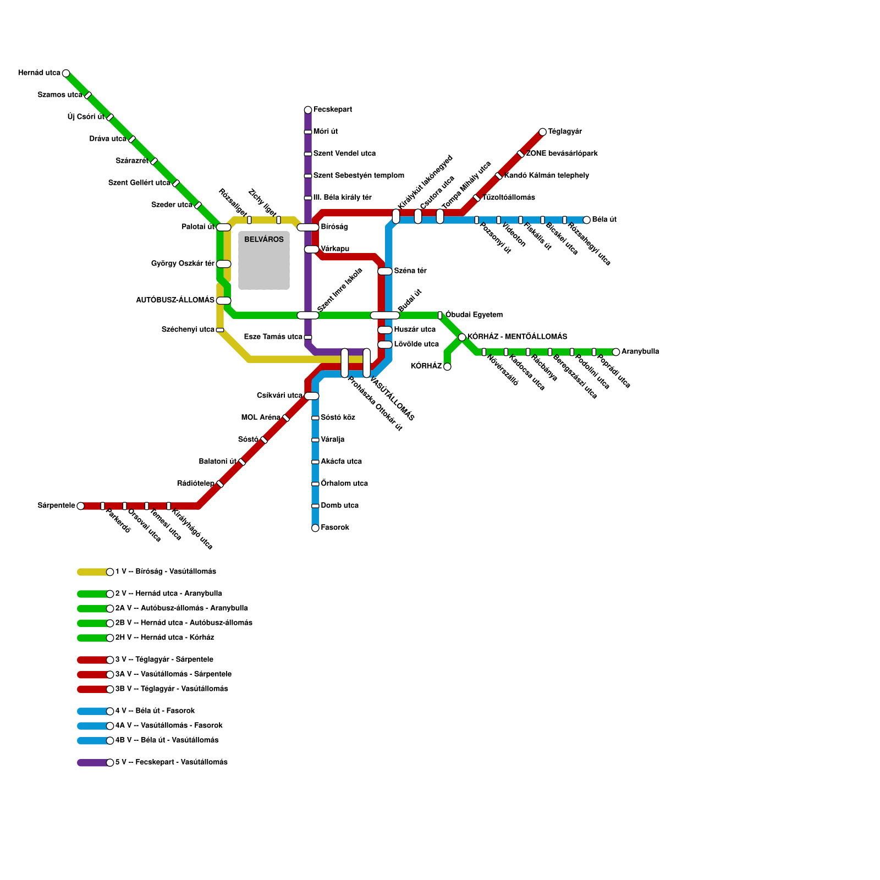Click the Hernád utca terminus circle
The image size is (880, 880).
(x=66, y=73)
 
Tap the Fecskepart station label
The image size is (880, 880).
(x=332, y=110)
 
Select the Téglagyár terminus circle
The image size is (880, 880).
(x=543, y=132)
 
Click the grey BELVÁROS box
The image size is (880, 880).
(x=264, y=261)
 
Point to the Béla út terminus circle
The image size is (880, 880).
(x=587, y=220)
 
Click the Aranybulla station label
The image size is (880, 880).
(x=640, y=352)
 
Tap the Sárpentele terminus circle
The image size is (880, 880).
(x=81, y=506)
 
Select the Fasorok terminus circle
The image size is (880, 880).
(x=315, y=528)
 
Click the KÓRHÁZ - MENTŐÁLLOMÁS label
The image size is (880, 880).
(x=517, y=337)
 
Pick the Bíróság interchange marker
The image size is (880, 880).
(x=308, y=227)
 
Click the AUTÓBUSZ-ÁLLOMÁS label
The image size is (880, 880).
(x=175, y=300)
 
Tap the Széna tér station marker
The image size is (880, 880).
(x=385, y=271)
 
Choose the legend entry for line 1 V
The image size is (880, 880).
(x=165, y=572)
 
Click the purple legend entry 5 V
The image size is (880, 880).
(x=170, y=762)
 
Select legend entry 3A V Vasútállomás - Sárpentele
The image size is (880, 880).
(x=173, y=674)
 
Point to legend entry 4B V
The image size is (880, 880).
(x=166, y=740)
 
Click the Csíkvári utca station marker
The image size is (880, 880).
(x=312, y=396)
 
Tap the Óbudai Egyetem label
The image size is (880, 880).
(x=474, y=315)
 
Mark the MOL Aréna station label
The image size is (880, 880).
(x=261, y=418)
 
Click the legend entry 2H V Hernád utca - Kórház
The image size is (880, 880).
(x=164, y=638)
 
